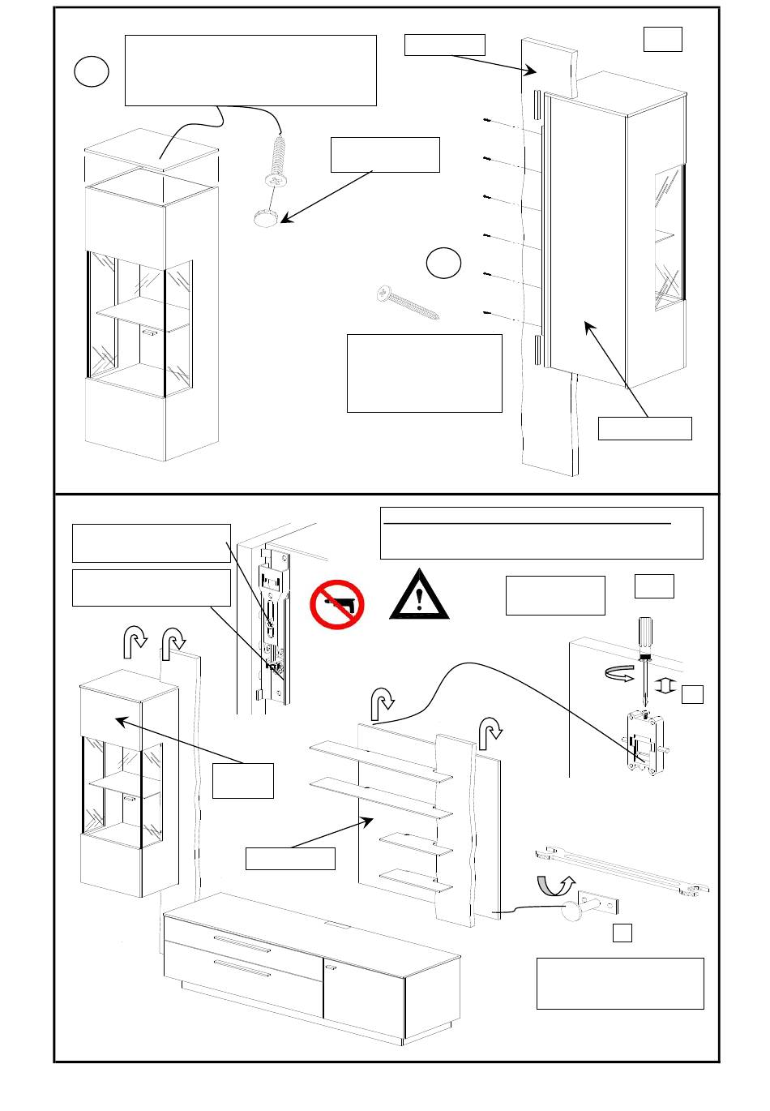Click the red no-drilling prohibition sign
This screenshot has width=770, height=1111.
click(x=336, y=603)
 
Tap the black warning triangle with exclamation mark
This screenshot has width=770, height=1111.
click(x=419, y=596)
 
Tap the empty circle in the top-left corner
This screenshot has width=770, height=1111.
click(x=92, y=72)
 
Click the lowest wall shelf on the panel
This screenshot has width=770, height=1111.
click(x=415, y=880)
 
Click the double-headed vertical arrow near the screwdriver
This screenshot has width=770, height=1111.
click(x=665, y=686)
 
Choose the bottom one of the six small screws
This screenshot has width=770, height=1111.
click(x=486, y=312)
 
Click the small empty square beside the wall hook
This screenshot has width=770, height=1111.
click(x=622, y=933)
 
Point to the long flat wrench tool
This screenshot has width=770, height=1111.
click(x=620, y=872)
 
